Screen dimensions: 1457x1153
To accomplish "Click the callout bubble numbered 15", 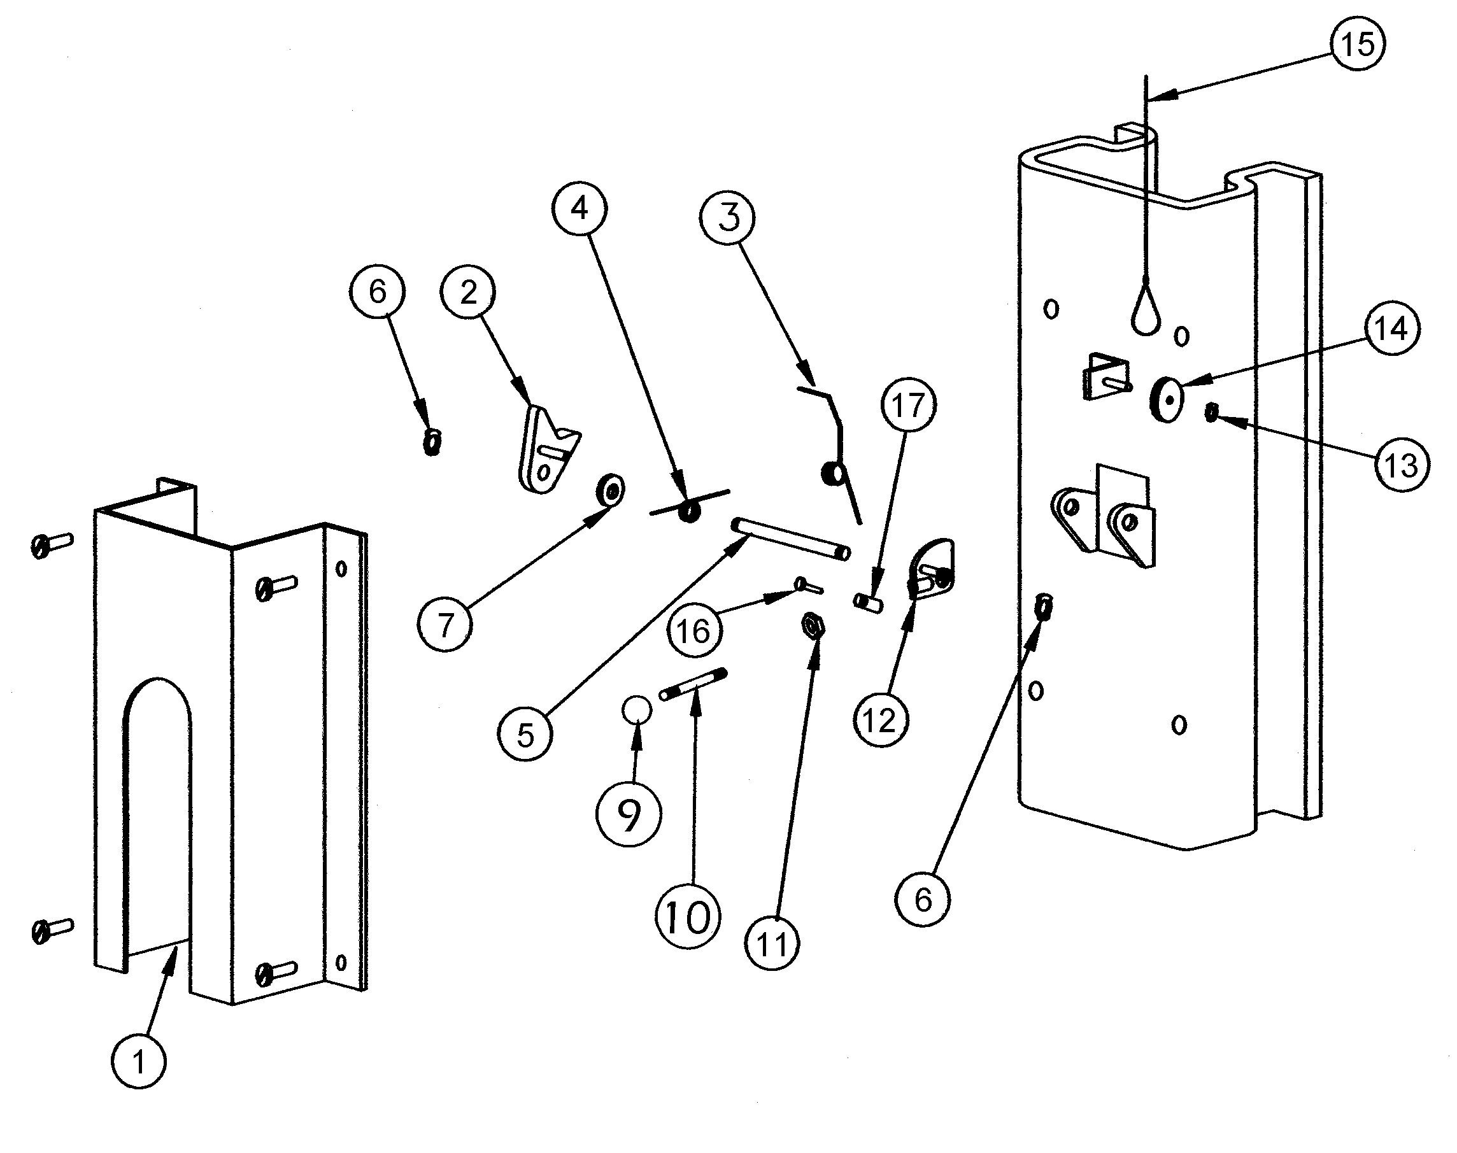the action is point(1357,44).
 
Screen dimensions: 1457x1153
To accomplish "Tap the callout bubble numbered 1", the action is point(139,1062).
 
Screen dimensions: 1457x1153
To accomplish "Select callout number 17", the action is point(908,406).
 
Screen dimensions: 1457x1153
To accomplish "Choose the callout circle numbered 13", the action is point(1401,464).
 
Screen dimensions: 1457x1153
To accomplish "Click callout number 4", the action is point(579,209).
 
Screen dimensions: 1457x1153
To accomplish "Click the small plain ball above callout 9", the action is point(637,709).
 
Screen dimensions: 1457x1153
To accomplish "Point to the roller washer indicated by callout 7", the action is point(609,488).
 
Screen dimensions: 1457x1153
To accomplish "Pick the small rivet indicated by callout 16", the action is point(809,584).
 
